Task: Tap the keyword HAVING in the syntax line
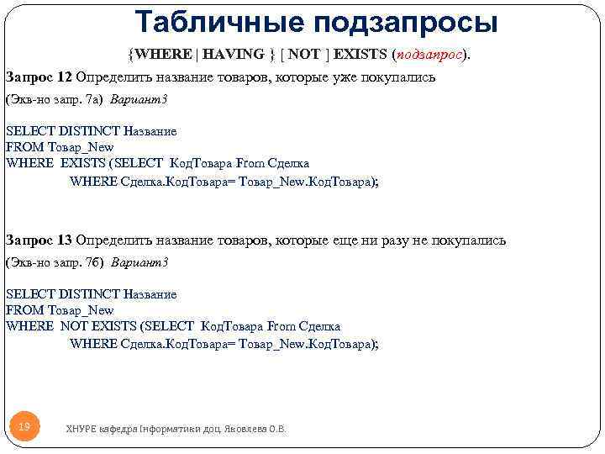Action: (233, 54)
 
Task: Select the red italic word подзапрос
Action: (429, 54)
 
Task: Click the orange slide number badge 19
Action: (24, 428)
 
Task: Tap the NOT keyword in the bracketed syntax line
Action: (303, 54)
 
